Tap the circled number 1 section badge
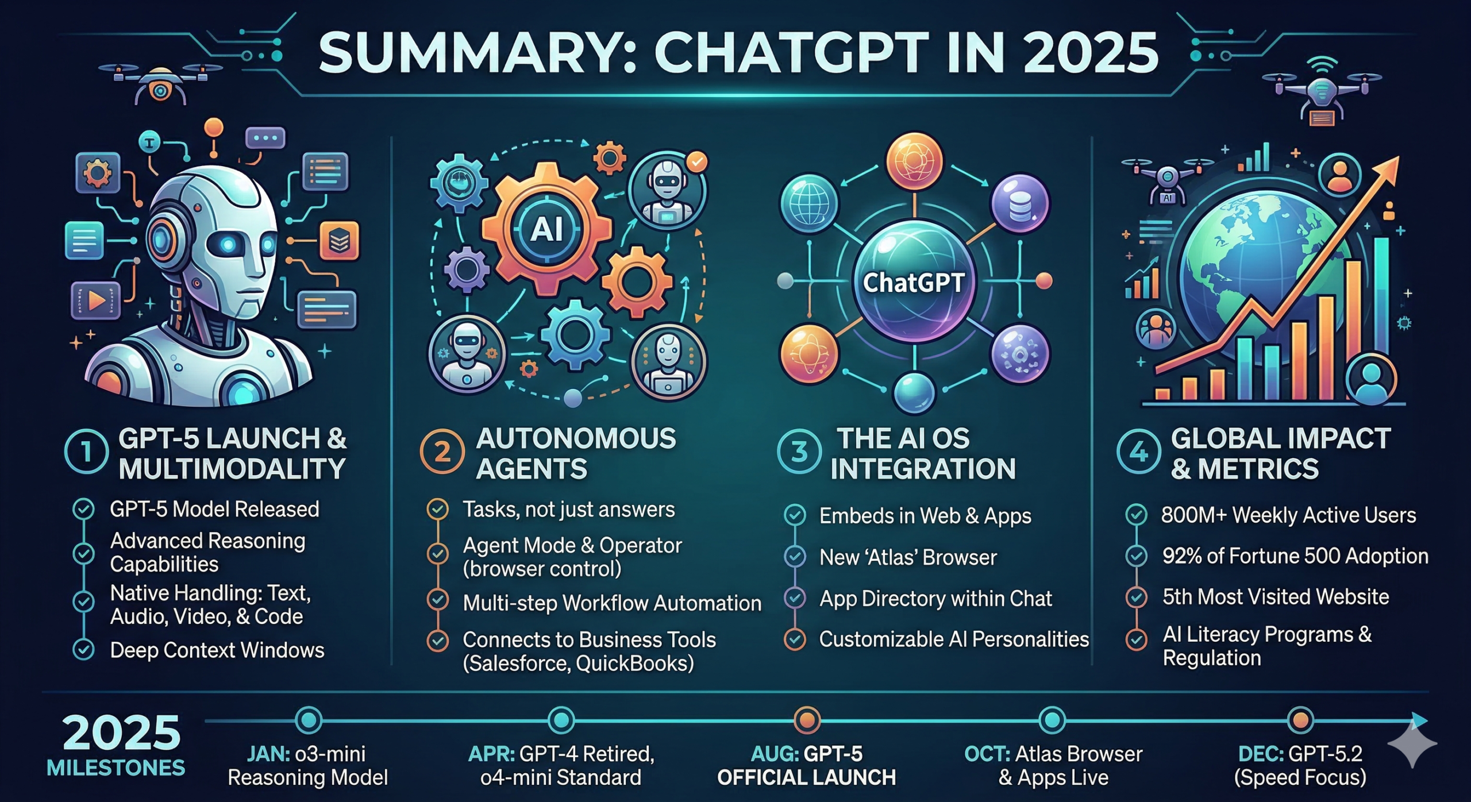pos(86,452)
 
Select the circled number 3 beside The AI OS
pos(799,452)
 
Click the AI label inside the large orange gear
pos(546,230)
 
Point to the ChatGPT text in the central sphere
pos(914,283)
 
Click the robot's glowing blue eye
pos(229,245)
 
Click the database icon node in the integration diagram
pos(1020,203)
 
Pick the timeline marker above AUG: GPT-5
pos(807,720)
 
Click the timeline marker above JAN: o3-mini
pos(309,720)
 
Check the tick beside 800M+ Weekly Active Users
pos(1136,515)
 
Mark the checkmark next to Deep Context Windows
pos(84,650)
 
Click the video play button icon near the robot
pos(96,300)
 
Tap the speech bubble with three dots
pos(265,138)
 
